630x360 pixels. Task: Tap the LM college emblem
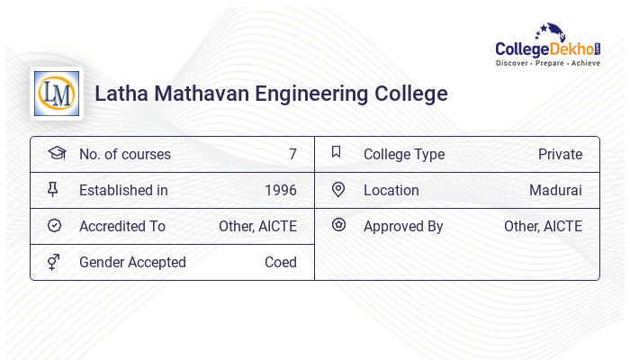[56, 94]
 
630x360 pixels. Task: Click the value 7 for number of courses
[292, 154]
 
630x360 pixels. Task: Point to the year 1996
[281, 190]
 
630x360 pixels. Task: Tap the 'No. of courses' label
[124, 154]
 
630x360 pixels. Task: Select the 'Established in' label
[123, 190]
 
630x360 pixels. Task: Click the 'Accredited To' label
[122, 226]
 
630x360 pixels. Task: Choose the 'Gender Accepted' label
[132, 262]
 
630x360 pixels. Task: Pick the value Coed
[281, 262]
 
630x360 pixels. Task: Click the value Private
[560, 154]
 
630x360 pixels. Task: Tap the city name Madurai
[555, 190]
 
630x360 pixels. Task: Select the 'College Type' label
[404, 154]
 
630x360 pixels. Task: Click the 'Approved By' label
[403, 226]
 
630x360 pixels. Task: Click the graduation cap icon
[57, 153]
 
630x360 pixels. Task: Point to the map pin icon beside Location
[338, 189]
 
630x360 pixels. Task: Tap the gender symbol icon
[54, 262]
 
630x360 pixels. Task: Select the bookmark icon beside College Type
[336, 152]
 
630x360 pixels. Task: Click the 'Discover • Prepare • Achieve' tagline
[548, 64]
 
